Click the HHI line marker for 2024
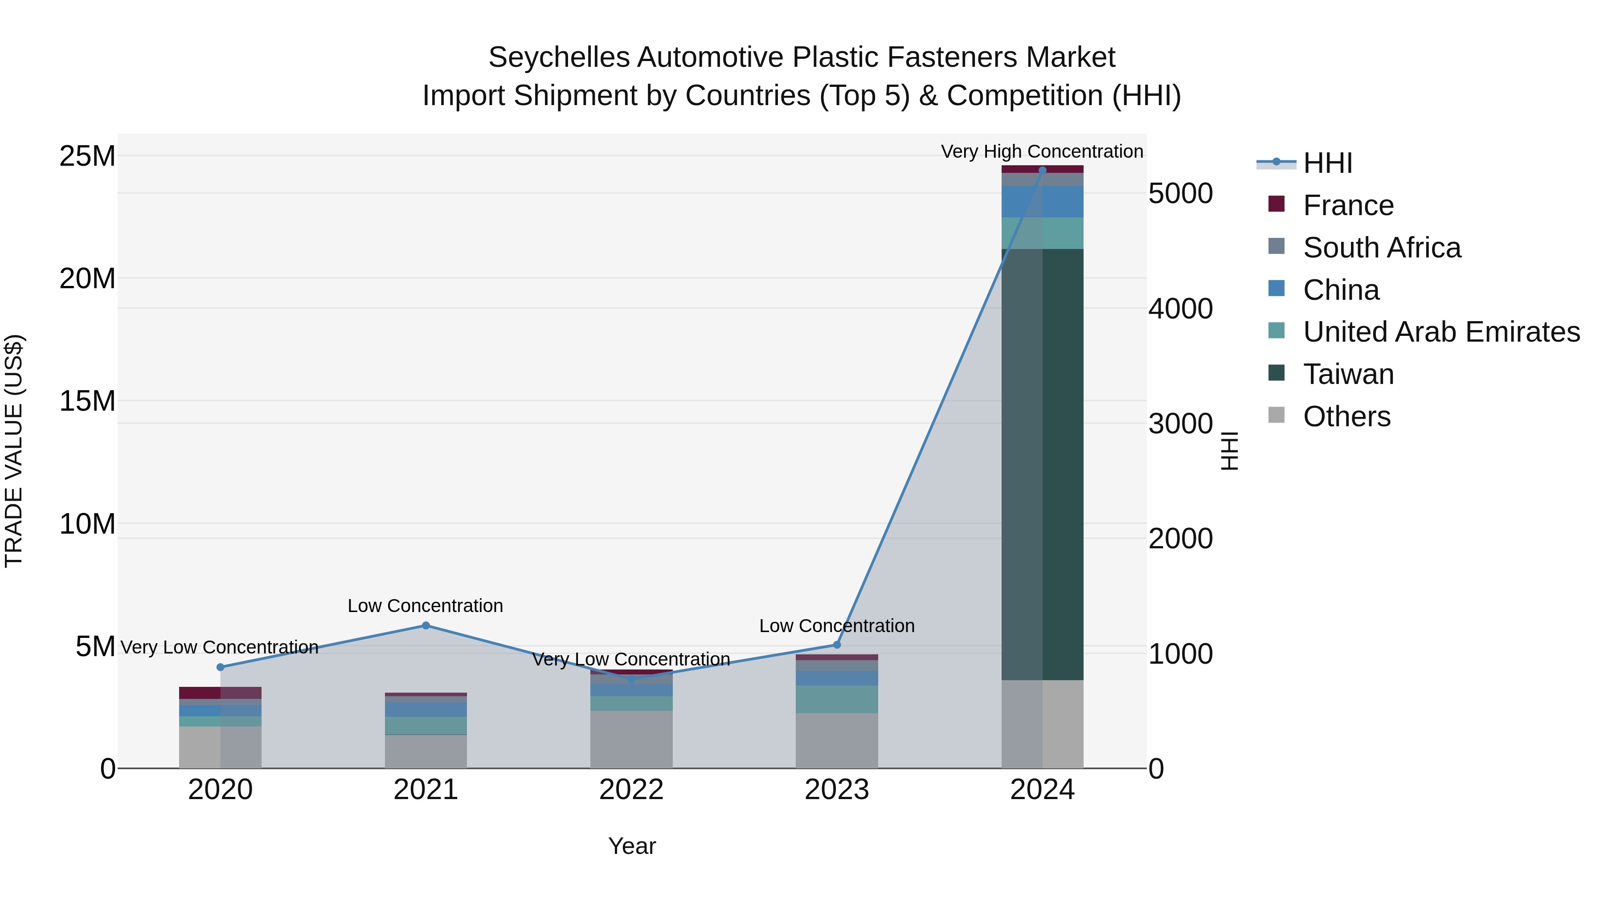coord(1042,170)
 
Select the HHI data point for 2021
coord(426,626)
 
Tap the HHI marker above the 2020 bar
coord(221,667)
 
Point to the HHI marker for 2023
coord(837,645)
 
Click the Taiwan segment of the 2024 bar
coord(1042,464)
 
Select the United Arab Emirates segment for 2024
coord(1042,233)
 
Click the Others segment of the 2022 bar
coord(631,739)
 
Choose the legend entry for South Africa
coord(1382,248)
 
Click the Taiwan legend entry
coord(1348,374)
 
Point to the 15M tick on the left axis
coord(87,401)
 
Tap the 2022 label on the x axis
coord(631,790)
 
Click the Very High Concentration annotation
coord(1042,151)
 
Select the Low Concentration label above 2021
coord(426,606)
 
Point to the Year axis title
coord(632,846)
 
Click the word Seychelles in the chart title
coord(559,57)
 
